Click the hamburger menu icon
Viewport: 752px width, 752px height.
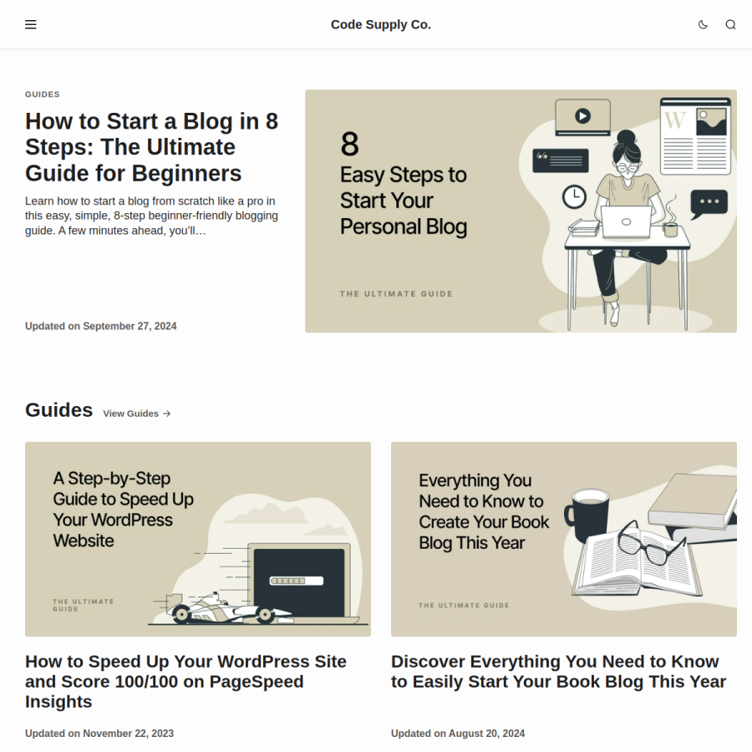click(x=31, y=24)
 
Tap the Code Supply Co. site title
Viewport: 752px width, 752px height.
click(x=381, y=24)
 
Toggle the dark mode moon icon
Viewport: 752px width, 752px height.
click(x=703, y=24)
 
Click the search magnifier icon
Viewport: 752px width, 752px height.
click(x=730, y=24)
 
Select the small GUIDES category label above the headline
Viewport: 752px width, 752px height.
click(x=43, y=94)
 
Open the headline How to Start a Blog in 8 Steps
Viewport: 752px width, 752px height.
click(x=151, y=147)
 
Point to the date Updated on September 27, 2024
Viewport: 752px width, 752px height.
click(x=101, y=326)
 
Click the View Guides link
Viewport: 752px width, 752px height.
click(x=137, y=414)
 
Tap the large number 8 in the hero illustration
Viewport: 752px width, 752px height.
click(x=349, y=144)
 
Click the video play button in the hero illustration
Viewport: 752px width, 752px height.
click(x=582, y=116)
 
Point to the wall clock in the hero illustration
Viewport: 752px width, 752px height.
click(x=574, y=196)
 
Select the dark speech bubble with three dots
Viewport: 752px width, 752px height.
click(x=709, y=204)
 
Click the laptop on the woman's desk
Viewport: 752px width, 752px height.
click(x=626, y=221)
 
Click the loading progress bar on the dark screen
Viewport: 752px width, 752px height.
click(x=297, y=581)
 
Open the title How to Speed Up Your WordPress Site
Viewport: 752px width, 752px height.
click(x=185, y=682)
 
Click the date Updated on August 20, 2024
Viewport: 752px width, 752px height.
click(x=458, y=734)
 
